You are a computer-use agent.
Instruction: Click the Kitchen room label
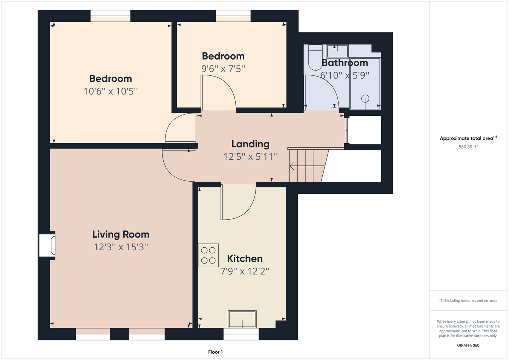(245, 259)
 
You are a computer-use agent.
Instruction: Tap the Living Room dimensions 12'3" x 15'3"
(121, 247)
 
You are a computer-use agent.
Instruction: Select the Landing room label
(250, 144)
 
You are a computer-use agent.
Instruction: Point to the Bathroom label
(345, 63)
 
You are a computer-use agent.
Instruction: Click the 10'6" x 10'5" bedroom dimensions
(110, 91)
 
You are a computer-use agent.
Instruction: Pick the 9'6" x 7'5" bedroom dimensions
(223, 69)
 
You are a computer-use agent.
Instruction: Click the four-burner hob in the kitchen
(208, 255)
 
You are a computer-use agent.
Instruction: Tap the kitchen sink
(242, 319)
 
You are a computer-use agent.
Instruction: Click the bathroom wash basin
(337, 51)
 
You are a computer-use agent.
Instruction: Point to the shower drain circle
(365, 99)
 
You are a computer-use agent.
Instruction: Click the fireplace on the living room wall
(48, 245)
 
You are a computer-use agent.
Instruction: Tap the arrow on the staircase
(292, 165)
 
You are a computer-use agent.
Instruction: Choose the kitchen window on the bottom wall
(241, 334)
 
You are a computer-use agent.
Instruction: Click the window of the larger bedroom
(110, 16)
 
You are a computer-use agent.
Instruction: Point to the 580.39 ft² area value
(468, 147)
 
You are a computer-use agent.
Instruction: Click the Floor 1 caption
(215, 352)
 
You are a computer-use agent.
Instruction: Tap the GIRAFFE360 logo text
(468, 345)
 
